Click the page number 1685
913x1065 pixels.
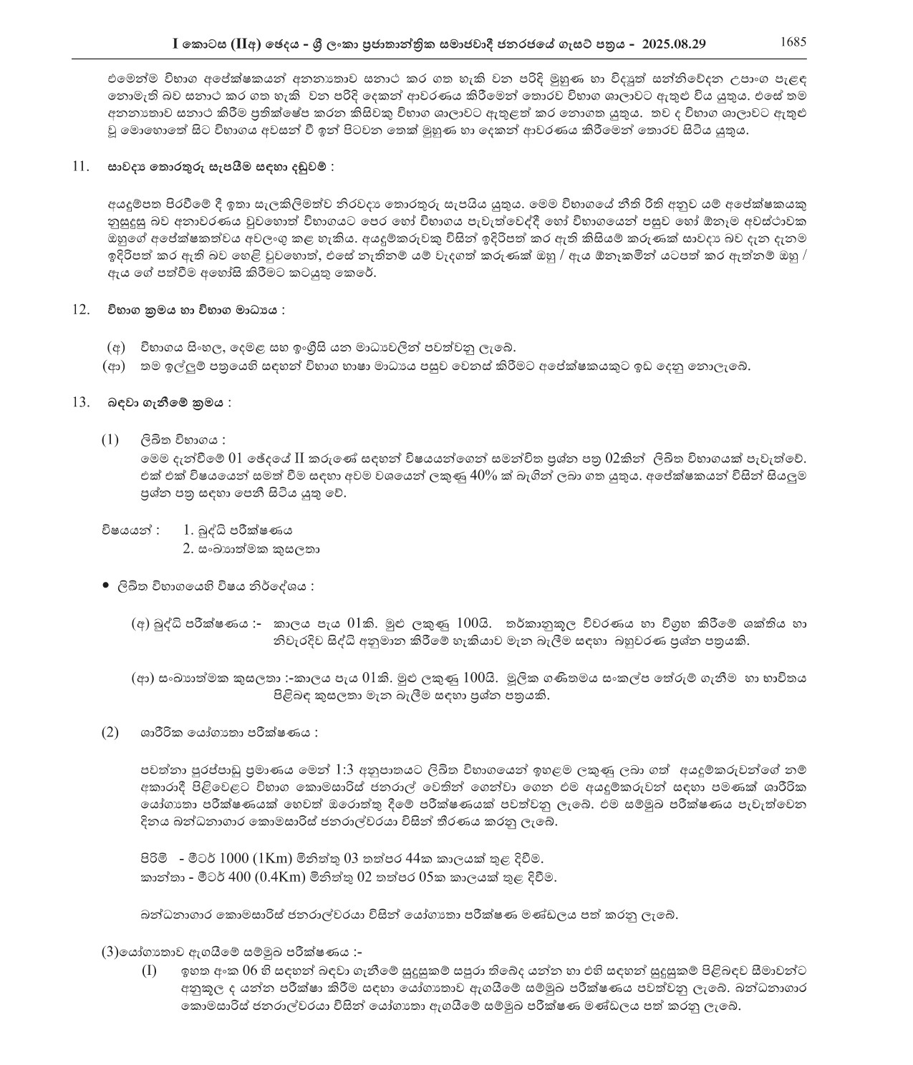[793, 42]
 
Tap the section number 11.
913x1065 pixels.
[80, 167]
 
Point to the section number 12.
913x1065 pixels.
[80, 310]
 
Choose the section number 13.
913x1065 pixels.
[80, 402]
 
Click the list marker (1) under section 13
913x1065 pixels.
[110, 439]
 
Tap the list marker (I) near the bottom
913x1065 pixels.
[148, 972]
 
